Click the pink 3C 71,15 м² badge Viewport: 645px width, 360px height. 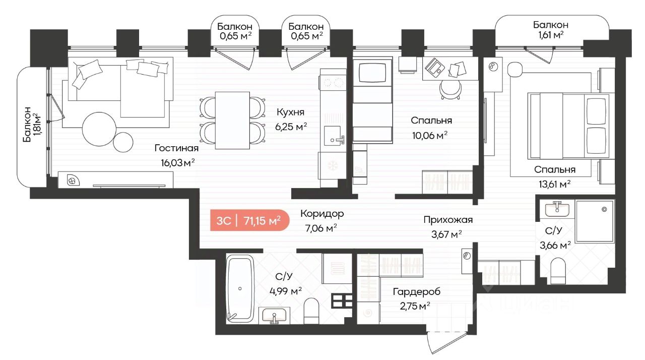point(249,220)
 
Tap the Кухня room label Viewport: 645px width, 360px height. point(290,112)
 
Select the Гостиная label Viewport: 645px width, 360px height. point(176,148)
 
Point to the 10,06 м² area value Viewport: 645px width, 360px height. point(430,135)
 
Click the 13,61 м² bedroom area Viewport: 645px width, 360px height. point(555,184)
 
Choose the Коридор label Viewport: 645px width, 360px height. point(322,214)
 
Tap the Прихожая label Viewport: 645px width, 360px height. point(448,220)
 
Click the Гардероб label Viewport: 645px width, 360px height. point(417,292)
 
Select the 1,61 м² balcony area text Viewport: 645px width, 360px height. point(551,35)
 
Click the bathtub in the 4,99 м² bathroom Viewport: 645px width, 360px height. point(240,289)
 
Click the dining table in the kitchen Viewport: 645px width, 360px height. point(232,121)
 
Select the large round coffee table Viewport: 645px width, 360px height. point(99,129)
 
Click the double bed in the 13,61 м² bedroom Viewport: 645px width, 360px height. point(569,126)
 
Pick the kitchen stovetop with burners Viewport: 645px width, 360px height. point(333,83)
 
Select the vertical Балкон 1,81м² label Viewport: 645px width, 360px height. point(31,125)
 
